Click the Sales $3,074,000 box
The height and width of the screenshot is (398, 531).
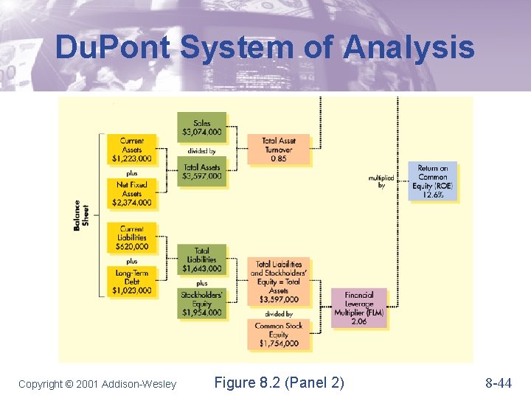pos(201,128)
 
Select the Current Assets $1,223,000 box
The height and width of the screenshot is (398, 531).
pos(131,149)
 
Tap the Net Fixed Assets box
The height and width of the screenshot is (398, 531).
pos(131,193)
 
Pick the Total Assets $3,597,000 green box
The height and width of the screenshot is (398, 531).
pos(201,172)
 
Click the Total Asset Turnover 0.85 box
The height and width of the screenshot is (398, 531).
pos(278,150)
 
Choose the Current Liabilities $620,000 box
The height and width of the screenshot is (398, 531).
pos(131,237)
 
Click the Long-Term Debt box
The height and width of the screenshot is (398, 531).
pos(131,282)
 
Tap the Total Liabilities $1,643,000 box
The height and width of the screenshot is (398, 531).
pos(201,259)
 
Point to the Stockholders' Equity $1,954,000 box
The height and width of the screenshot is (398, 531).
pos(201,304)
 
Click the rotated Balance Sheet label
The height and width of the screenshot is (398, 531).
pos(81,215)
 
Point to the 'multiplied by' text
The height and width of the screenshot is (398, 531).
pos(381,181)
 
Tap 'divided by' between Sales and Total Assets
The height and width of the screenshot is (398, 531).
pos(201,151)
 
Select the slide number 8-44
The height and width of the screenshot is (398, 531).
pos(499,383)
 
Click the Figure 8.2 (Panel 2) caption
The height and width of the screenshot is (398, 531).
pos(279,382)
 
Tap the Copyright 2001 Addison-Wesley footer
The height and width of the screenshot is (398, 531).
pos(97,383)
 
